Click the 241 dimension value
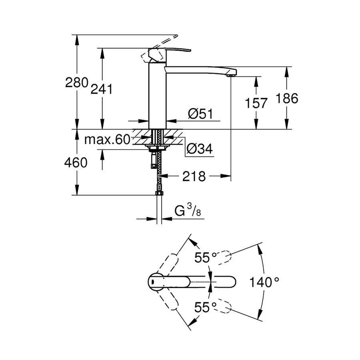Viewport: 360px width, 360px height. click(x=101, y=90)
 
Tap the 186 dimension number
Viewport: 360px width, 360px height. click(x=287, y=98)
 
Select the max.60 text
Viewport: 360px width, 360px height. click(x=108, y=140)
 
